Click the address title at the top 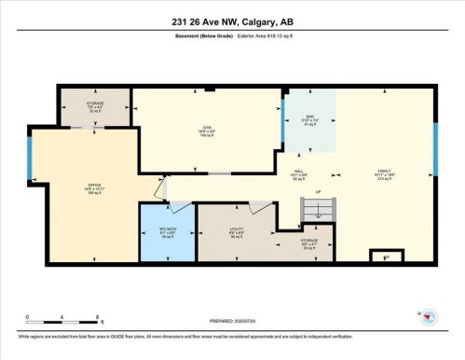coord(232,21)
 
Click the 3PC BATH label coord(167,233)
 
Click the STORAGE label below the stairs coord(309,244)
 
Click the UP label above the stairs coord(318,193)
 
